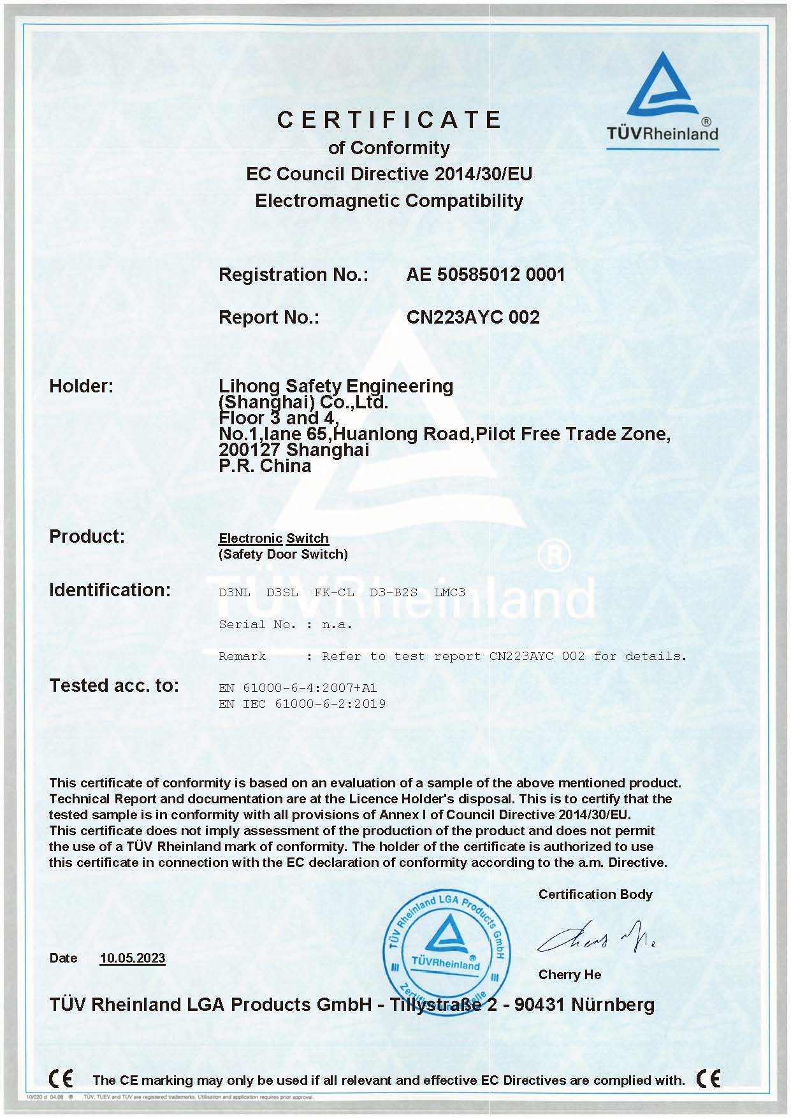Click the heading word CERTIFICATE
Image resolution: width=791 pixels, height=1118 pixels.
pyautogui.click(x=389, y=120)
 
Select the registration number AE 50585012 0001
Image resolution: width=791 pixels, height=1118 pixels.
pyautogui.click(x=485, y=275)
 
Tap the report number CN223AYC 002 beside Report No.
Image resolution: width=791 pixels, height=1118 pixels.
pyautogui.click(x=472, y=317)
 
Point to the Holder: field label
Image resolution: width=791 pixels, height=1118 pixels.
pyautogui.click(x=81, y=386)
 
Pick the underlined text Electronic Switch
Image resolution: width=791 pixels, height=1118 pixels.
pyautogui.click(x=273, y=538)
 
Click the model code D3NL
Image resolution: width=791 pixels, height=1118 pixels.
pyautogui.click(x=234, y=592)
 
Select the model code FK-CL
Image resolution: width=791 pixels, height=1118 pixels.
pyautogui.click(x=333, y=592)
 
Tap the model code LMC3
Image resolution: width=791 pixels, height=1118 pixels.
pyautogui.click(x=449, y=592)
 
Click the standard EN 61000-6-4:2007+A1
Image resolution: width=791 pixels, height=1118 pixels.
pyautogui.click(x=298, y=688)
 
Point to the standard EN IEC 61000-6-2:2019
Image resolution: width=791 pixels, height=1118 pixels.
pyautogui.click(x=301, y=704)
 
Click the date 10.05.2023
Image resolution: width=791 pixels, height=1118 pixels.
pyautogui.click(x=132, y=958)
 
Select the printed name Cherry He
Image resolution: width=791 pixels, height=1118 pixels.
pyautogui.click(x=569, y=975)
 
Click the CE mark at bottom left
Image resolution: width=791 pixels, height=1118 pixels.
pyautogui.click(x=61, y=1079)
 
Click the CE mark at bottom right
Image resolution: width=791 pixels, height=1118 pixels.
pyautogui.click(x=708, y=1079)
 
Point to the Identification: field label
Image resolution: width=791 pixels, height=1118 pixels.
pyautogui.click(x=110, y=590)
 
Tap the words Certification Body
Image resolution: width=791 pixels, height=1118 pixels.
pyautogui.click(x=595, y=894)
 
